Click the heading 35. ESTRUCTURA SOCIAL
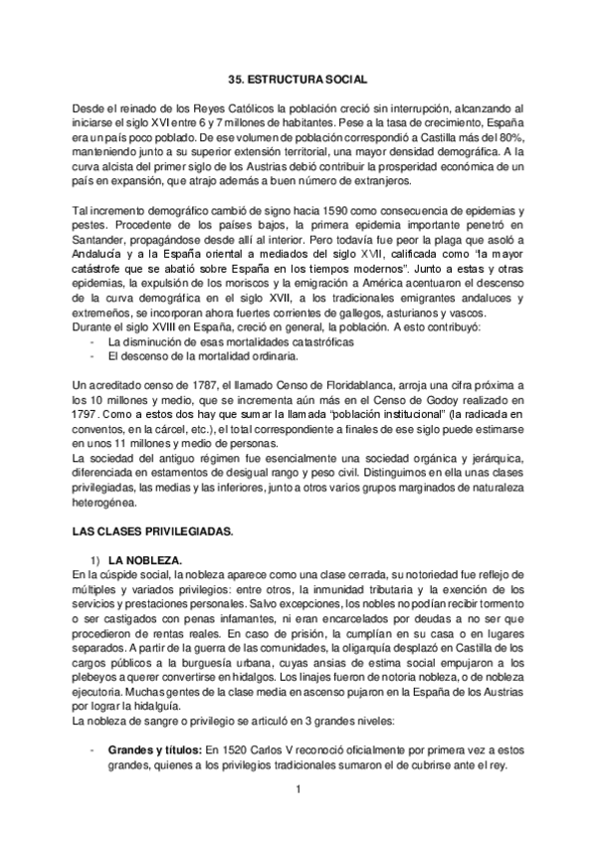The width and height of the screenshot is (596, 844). pos(298,79)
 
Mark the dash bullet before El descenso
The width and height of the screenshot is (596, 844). pos(93,355)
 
